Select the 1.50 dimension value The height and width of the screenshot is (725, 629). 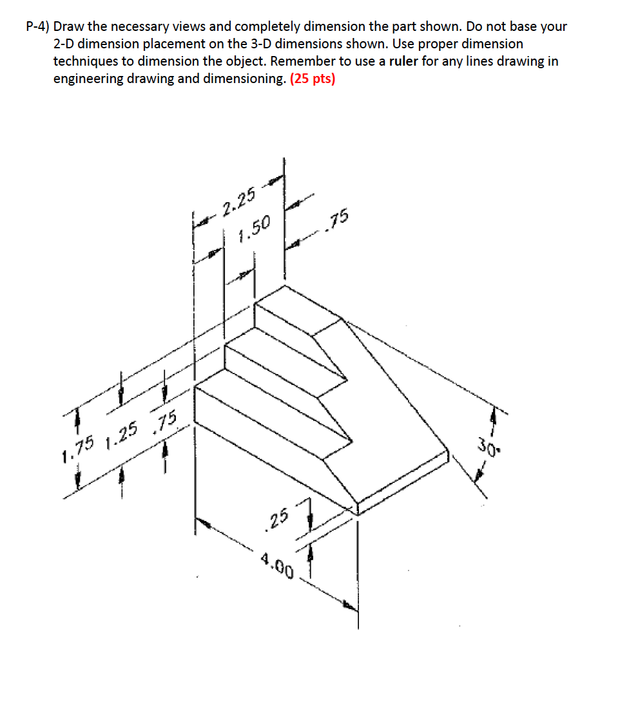tap(253, 229)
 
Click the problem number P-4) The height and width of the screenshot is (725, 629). tap(38, 27)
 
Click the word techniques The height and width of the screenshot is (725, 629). tap(84, 62)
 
